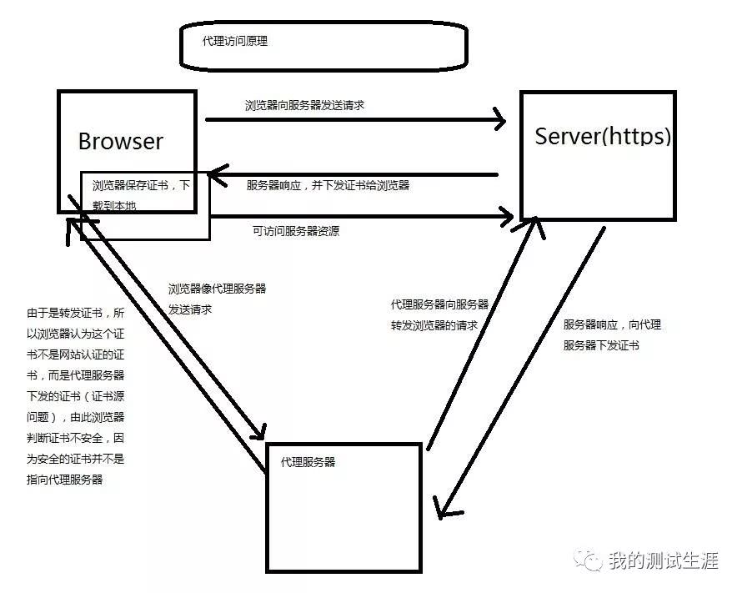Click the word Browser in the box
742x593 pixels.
point(121,141)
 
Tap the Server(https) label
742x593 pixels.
point(602,136)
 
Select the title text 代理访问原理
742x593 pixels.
point(235,41)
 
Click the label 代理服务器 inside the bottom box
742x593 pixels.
point(308,461)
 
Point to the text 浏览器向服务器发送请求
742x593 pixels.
point(304,106)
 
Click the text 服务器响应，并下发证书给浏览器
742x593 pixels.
point(328,185)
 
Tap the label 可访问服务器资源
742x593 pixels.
point(295,231)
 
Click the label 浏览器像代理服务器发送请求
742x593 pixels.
point(217,299)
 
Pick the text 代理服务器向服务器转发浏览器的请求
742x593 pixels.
point(439,314)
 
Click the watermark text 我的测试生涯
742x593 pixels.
point(663,560)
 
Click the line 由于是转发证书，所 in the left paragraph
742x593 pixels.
point(75,314)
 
